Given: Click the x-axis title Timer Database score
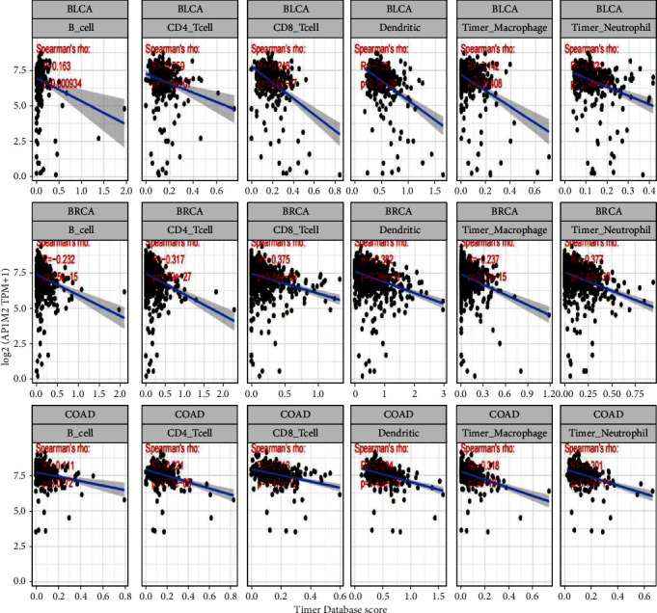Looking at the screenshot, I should (x=344, y=604).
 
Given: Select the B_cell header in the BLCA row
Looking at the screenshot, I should (x=79, y=26).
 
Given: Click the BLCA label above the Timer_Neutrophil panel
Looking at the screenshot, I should (x=605, y=8).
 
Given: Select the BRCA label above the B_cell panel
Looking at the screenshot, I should (x=79, y=209).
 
